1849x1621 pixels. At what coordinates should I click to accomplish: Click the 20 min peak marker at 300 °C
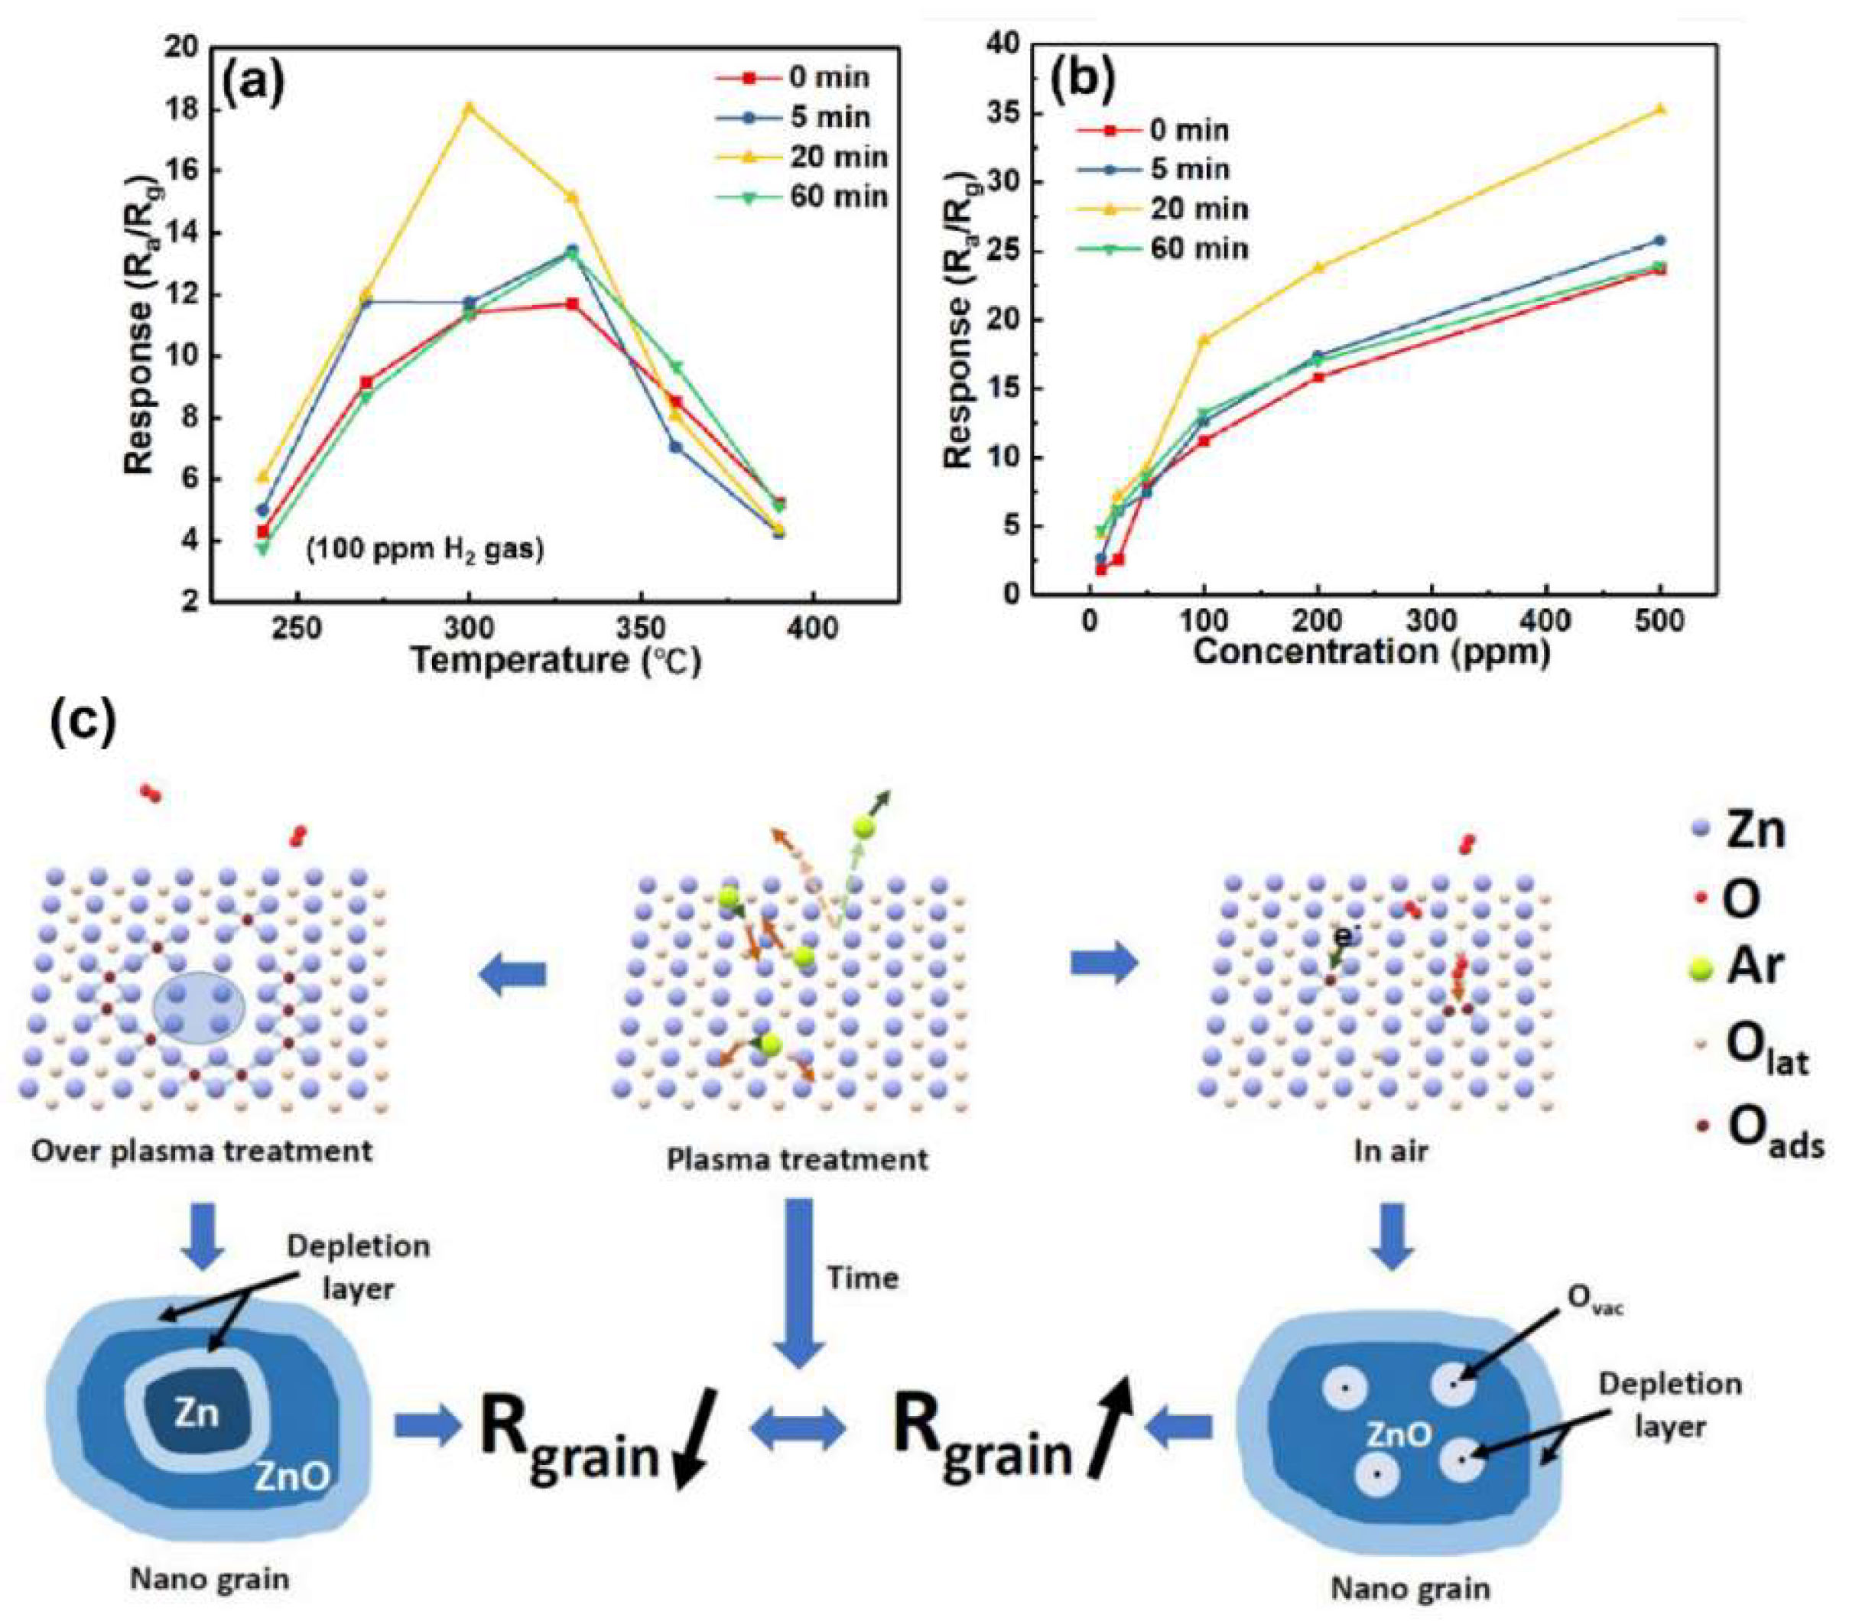tap(469, 108)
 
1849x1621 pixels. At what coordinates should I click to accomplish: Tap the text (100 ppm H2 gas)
tap(425, 549)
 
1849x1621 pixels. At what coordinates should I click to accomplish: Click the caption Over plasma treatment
tap(202, 1152)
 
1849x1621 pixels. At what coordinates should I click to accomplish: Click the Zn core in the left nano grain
tap(197, 1412)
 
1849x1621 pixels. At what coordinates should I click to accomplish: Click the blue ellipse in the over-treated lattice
tap(198, 1008)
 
